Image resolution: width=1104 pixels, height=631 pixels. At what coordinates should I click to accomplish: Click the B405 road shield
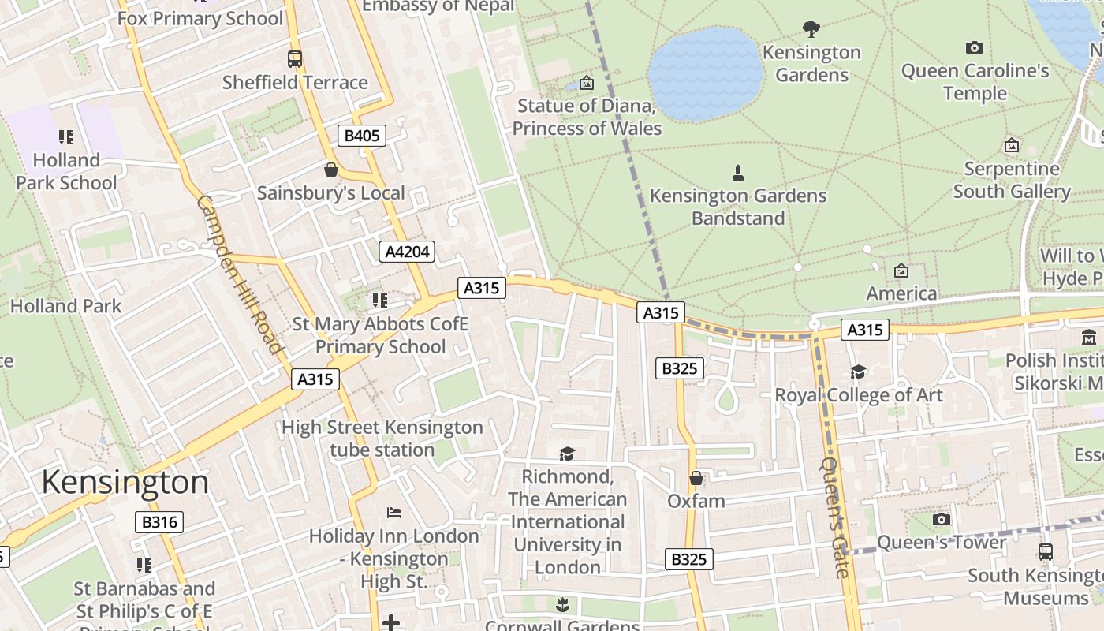[362, 136]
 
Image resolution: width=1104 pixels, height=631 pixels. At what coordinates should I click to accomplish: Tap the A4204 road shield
[407, 252]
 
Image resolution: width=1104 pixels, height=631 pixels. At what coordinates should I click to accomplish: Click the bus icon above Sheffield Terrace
[294, 58]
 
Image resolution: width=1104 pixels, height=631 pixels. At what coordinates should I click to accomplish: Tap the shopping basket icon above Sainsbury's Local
[331, 170]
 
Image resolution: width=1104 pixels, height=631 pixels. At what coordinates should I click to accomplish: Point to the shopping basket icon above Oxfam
[696, 478]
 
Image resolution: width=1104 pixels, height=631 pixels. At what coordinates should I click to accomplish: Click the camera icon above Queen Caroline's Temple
[975, 47]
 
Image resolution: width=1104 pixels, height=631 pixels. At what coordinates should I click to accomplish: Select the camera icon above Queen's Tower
[941, 519]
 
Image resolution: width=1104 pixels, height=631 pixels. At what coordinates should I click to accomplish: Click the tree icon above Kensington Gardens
[811, 29]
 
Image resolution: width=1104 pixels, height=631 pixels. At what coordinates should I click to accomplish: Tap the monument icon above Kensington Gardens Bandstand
[738, 173]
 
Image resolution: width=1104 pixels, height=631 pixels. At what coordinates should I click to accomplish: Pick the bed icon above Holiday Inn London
[394, 513]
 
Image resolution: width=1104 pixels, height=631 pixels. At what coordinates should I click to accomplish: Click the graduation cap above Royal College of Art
[858, 372]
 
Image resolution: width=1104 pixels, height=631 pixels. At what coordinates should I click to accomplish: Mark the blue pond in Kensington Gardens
[705, 73]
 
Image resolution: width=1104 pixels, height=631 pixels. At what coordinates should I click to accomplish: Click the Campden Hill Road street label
[239, 274]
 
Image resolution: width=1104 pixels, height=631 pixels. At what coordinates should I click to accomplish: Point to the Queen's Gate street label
[835, 517]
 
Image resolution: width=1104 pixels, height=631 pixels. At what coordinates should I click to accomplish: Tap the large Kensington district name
[125, 482]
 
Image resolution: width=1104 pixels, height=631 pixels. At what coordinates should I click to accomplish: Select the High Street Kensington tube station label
[382, 439]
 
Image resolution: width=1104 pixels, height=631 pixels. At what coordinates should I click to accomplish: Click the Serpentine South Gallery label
[1012, 180]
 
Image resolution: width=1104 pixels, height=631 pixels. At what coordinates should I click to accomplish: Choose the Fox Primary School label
[200, 18]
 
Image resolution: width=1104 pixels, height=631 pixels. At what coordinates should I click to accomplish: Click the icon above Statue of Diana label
[586, 83]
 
